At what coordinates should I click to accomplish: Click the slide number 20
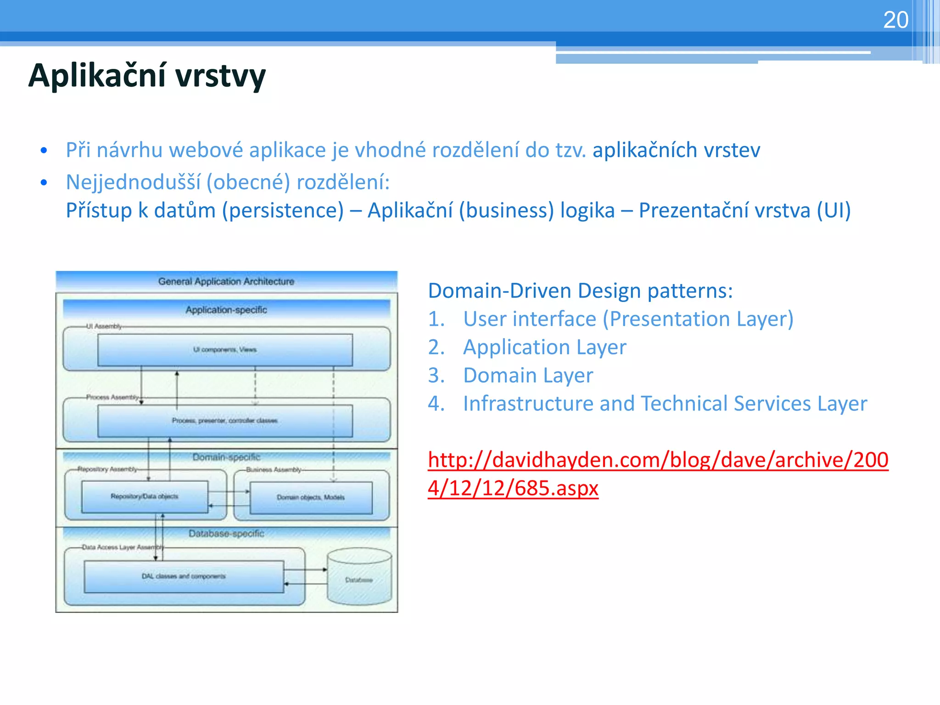pyautogui.click(x=895, y=20)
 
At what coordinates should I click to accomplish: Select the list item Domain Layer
pyautogui.click(x=528, y=375)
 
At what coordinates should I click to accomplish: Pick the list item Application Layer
pyautogui.click(x=544, y=347)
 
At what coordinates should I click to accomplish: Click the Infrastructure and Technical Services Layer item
pyautogui.click(x=665, y=404)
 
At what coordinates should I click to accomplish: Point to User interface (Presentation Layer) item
pyautogui.click(x=628, y=319)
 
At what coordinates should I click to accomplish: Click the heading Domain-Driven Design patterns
pyautogui.click(x=580, y=291)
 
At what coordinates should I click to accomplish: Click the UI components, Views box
pyautogui.click(x=225, y=350)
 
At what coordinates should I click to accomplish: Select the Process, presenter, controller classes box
pyautogui.click(x=225, y=420)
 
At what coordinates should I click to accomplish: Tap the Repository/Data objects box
pyautogui.click(x=145, y=496)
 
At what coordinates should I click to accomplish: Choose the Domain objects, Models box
pyautogui.click(x=311, y=498)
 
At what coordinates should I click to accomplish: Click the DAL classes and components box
pyautogui.click(x=184, y=576)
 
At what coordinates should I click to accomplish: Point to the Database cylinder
pyautogui.click(x=359, y=579)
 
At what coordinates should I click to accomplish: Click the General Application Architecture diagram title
pyautogui.click(x=226, y=281)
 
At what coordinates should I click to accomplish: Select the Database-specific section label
pyautogui.click(x=226, y=534)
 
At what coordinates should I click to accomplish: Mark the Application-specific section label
pyautogui.click(x=226, y=310)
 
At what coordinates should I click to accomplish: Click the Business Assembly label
pyautogui.click(x=274, y=470)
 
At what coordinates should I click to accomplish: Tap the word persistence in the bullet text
pyautogui.click(x=283, y=211)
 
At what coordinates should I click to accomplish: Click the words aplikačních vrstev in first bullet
pyautogui.click(x=676, y=151)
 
